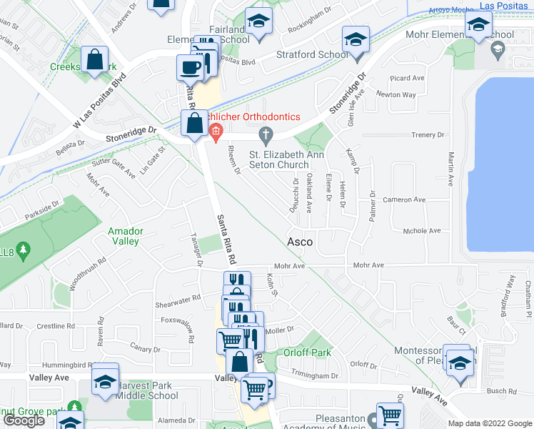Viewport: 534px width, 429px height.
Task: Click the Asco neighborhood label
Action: click(300, 242)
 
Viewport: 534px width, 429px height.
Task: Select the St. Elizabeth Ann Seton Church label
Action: click(278, 159)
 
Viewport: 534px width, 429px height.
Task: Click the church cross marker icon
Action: click(266, 134)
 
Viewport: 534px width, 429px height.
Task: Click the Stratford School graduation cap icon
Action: click(355, 41)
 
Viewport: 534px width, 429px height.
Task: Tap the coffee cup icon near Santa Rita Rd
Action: click(190, 67)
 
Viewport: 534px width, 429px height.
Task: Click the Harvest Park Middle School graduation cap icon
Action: click(105, 381)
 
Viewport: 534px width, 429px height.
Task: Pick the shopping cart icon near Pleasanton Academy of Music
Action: click(390, 415)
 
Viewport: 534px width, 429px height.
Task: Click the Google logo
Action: click(24, 420)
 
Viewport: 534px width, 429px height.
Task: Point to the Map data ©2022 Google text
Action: click(490, 423)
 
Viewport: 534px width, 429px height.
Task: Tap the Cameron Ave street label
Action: click(403, 200)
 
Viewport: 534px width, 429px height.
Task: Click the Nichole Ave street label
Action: click(422, 231)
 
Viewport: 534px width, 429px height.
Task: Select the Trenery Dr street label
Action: click(428, 134)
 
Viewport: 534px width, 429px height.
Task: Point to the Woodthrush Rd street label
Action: click(88, 272)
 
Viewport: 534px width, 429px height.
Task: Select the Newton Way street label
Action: click(396, 94)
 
